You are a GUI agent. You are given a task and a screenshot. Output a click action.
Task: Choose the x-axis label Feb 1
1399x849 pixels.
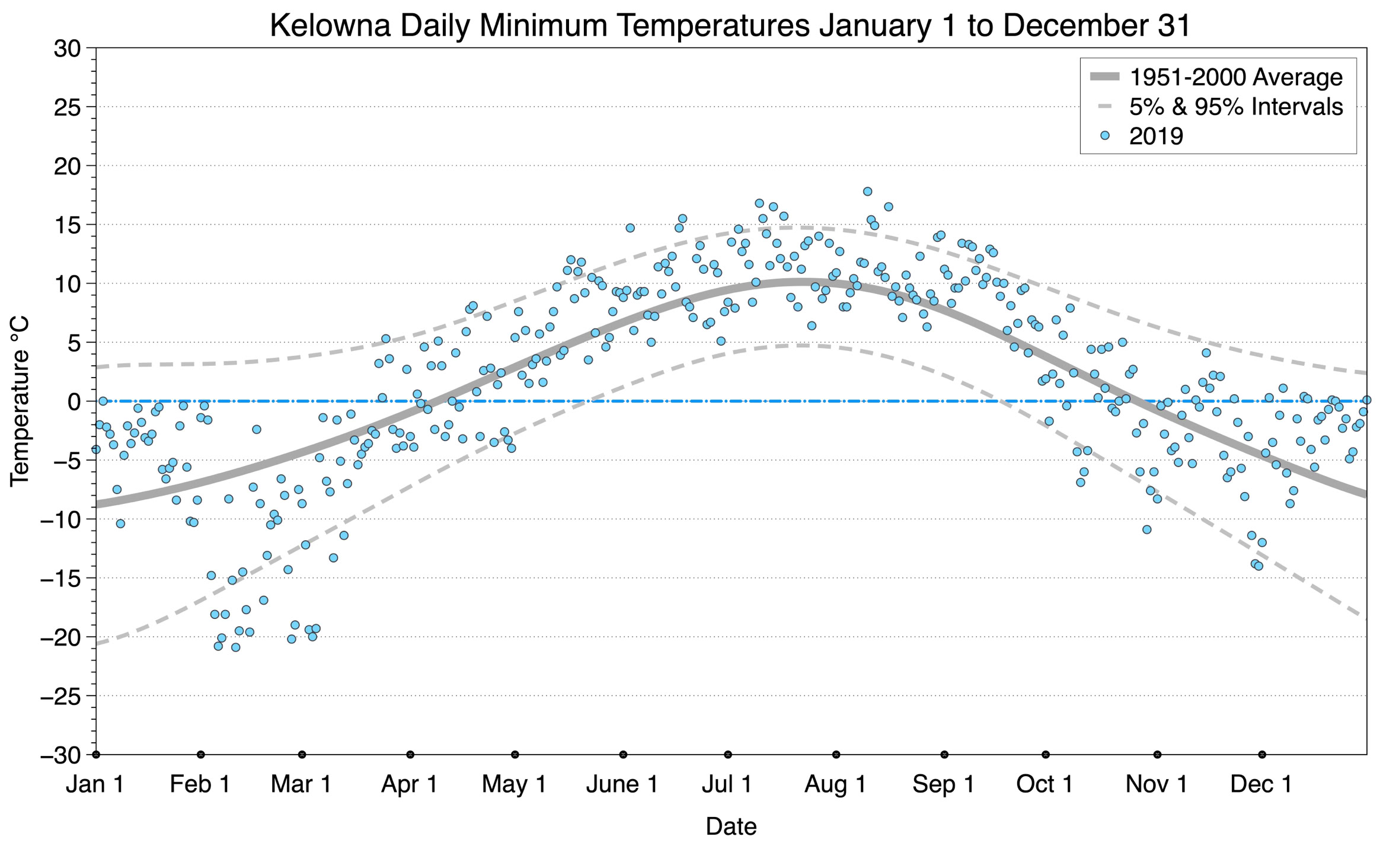click(x=200, y=784)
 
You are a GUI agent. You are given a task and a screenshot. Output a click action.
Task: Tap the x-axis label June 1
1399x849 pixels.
click(x=622, y=784)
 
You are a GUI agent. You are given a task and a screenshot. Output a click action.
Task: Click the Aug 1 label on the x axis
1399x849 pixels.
click(x=835, y=784)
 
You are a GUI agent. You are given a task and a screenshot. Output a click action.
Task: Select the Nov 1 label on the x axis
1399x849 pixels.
click(x=1157, y=784)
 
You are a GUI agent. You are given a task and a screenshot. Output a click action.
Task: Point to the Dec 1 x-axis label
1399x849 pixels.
click(x=1261, y=784)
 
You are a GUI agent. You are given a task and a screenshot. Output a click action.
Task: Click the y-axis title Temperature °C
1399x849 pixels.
click(x=20, y=401)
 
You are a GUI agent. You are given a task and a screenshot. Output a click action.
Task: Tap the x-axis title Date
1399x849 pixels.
click(x=731, y=826)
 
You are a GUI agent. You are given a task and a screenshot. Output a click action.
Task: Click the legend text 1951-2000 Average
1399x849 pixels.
click(x=1235, y=77)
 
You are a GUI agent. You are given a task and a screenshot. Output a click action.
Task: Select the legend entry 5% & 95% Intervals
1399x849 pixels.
click(x=1235, y=107)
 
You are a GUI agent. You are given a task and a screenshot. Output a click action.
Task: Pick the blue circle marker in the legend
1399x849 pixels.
click(x=1104, y=136)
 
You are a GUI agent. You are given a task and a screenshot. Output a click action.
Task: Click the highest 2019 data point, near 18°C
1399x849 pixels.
click(x=867, y=191)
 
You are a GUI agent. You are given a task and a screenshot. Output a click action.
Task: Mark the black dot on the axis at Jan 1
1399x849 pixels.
click(x=96, y=755)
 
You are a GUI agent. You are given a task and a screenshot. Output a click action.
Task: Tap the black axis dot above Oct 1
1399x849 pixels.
click(x=1046, y=755)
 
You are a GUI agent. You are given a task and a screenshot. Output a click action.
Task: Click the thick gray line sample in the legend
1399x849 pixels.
click(x=1104, y=76)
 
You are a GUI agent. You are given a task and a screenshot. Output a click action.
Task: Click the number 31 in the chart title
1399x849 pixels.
click(x=1174, y=25)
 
